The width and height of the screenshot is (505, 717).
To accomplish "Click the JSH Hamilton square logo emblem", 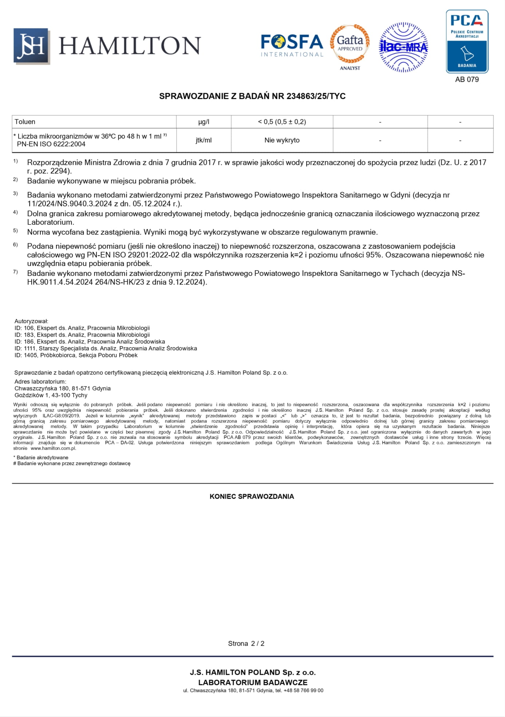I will [x=31, y=46].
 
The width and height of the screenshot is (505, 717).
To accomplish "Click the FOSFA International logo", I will [x=292, y=45].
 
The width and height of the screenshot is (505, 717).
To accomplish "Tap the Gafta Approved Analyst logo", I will [x=350, y=47].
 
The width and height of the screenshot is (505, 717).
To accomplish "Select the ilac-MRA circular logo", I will [x=403, y=47].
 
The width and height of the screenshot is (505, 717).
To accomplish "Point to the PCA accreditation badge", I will [x=467, y=41].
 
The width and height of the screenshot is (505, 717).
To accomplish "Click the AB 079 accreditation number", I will [x=467, y=79].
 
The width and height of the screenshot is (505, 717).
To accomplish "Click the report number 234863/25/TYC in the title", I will [x=316, y=96].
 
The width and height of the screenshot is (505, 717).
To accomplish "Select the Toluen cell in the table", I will [x=25, y=122].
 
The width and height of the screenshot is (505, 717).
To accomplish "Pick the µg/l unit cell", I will [x=204, y=122].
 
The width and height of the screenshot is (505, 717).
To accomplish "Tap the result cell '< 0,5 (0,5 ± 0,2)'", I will [x=282, y=122].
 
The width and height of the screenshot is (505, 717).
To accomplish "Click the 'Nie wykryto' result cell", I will [x=282, y=140].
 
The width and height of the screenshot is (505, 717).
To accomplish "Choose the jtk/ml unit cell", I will [x=204, y=140].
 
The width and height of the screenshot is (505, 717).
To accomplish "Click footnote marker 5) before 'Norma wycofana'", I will [x=15, y=231].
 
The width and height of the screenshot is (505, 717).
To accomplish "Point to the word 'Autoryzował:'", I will [x=31, y=321].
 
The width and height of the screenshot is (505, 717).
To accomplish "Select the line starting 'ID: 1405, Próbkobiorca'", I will [x=76, y=355].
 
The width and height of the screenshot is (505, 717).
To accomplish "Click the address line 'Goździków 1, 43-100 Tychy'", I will [x=51, y=395].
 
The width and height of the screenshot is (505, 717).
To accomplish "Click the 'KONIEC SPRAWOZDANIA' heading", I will [x=252, y=496].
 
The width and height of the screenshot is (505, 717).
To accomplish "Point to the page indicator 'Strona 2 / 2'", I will [x=246, y=643].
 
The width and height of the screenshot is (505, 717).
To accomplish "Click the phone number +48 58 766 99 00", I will [x=303, y=690].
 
